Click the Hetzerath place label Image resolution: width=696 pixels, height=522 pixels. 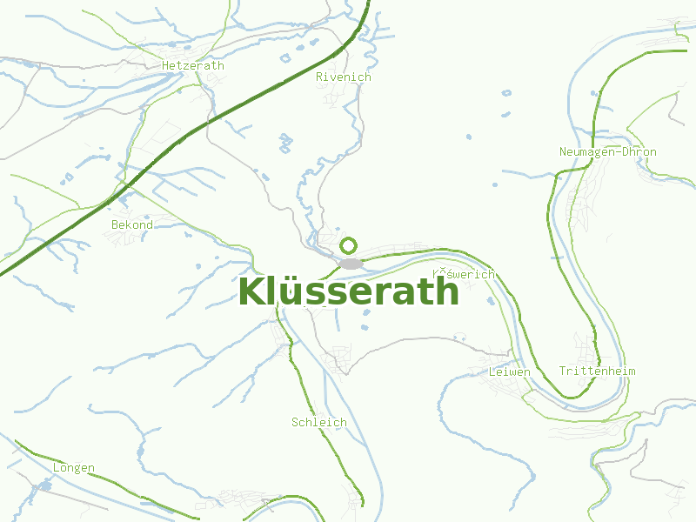[x=193, y=65]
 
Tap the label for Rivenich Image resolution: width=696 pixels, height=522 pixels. [x=344, y=77]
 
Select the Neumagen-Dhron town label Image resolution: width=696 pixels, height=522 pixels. [x=608, y=151]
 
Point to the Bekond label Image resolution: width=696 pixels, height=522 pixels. [x=132, y=224]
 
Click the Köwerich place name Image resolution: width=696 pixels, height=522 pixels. [x=464, y=274]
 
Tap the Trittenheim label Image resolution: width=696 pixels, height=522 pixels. [x=598, y=371]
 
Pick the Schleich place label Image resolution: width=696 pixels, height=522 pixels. [x=319, y=422]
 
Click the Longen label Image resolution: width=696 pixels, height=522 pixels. [x=74, y=467]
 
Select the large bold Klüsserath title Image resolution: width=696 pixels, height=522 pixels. [x=348, y=291]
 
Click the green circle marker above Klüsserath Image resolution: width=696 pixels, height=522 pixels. [x=350, y=245]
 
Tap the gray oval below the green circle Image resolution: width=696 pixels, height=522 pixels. [x=351, y=263]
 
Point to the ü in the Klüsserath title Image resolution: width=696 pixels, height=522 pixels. [x=291, y=291]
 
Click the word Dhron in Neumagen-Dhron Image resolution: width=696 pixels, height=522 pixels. [x=639, y=151]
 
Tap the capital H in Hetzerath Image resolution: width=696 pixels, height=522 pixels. [x=165, y=65]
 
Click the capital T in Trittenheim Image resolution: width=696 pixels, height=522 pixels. [x=563, y=371]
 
